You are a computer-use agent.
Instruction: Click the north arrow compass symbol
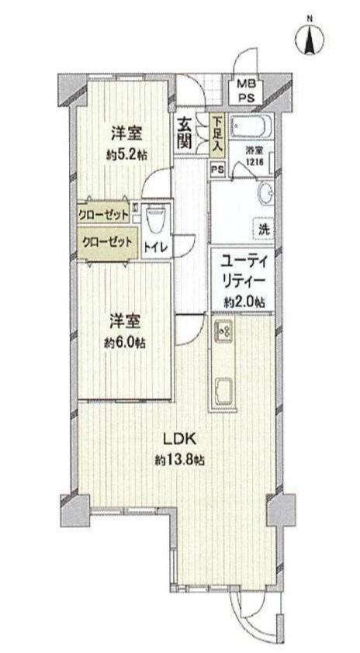click(310, 39)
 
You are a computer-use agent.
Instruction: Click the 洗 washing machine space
click(264, 230)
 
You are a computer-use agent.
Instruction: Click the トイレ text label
click(155, 247)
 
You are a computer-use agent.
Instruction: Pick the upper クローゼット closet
click(103, 216)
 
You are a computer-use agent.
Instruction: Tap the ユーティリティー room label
click(243, 271)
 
